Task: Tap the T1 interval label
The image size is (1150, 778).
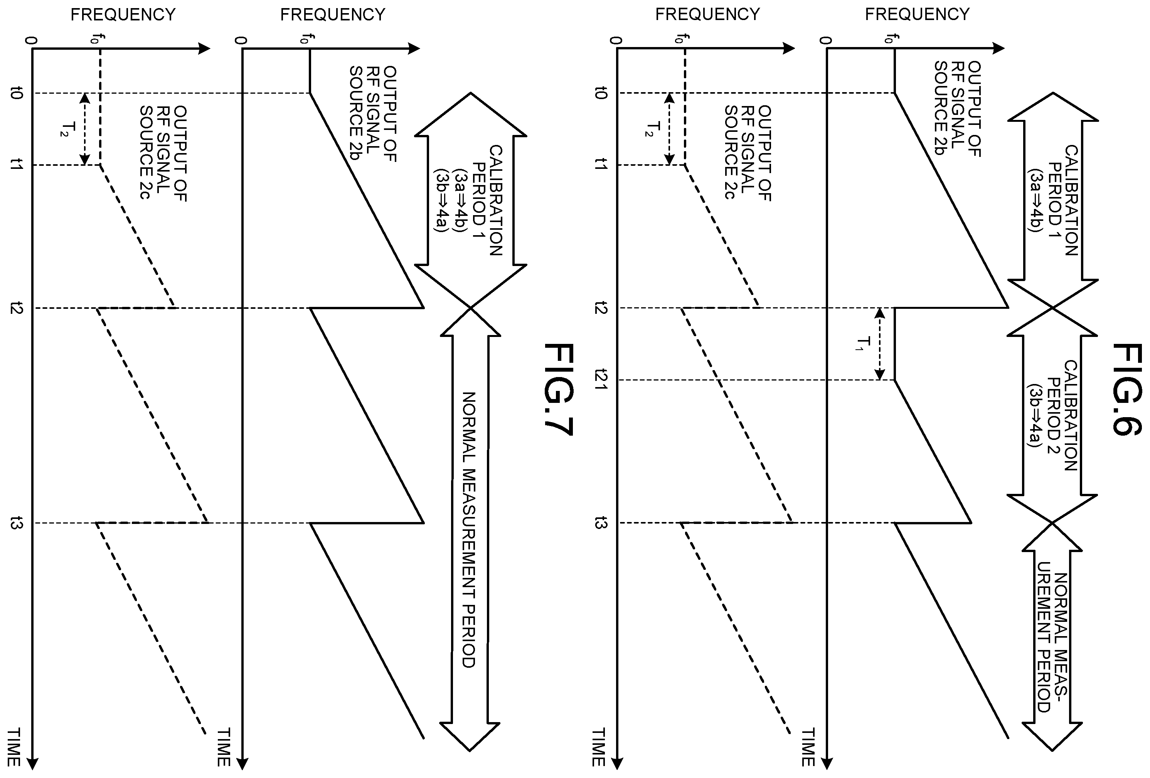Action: click(x=864, y=343)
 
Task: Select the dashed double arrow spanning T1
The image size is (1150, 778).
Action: click(x=879, y=344)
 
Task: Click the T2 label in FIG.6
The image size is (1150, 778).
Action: click(x=653, y=129)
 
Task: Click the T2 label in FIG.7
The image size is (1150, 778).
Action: click(x=68, y=129)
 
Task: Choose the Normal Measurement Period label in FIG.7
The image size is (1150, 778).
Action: click(x=469, y=530)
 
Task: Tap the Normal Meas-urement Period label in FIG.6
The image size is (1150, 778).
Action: click(x=1052, y=642)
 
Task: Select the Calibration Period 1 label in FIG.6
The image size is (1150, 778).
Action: click(x=1052, y=200)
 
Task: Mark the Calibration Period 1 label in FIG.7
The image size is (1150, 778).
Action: click(x=468, y=200)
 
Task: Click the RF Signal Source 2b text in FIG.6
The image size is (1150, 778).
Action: click(x=958, y=109)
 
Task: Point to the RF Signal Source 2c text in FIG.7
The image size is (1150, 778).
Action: click(x=163, y=153)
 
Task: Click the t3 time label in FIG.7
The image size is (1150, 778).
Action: click(x=16, y=523)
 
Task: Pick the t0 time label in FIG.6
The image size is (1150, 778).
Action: click(x=600, y=93)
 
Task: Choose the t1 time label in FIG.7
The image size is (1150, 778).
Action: click(x=16, y=165)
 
